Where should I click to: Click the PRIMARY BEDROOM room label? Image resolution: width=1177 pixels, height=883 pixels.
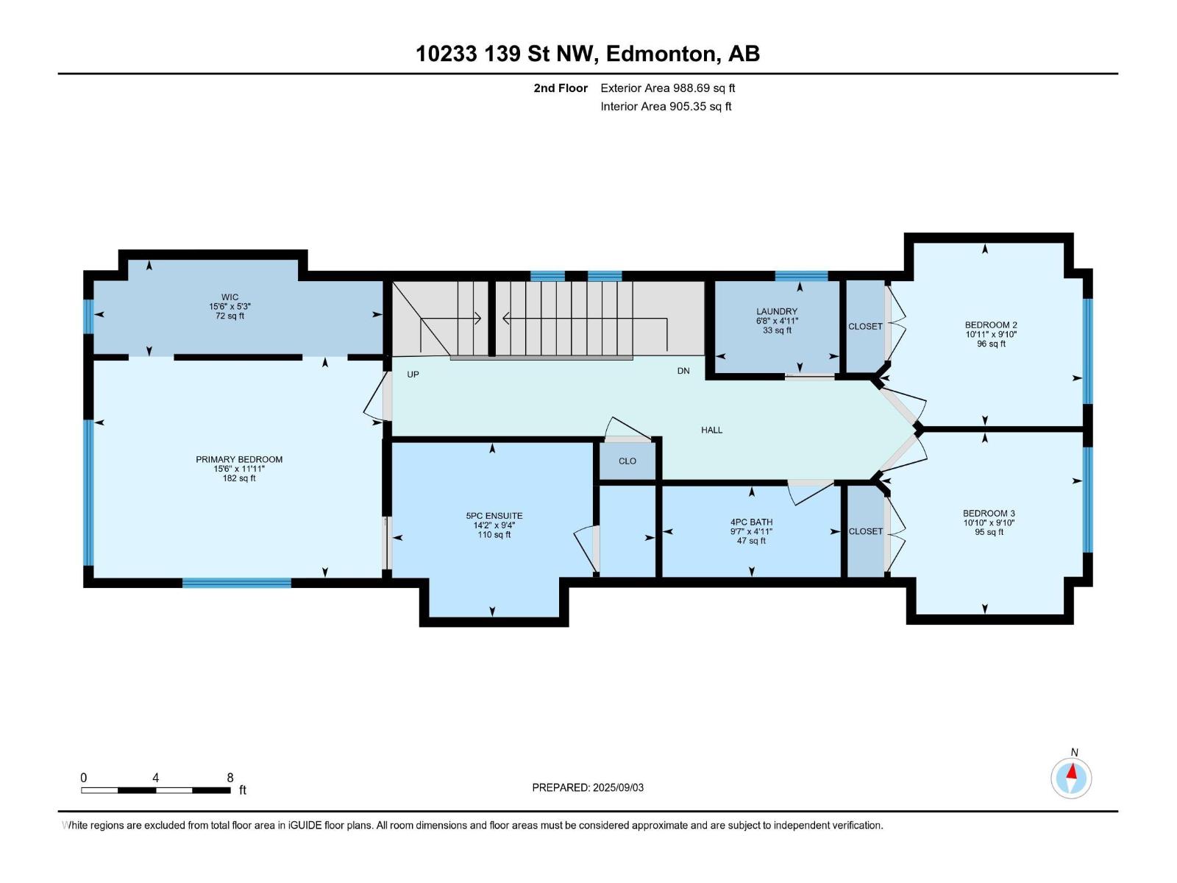pos(238,459)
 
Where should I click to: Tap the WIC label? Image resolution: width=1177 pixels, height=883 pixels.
pos(230,297)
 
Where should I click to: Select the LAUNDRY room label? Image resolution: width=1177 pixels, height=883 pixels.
pos(776,311)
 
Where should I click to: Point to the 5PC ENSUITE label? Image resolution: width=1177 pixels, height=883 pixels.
pos(494,516)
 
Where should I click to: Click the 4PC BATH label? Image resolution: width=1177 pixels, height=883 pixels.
pos(751,522)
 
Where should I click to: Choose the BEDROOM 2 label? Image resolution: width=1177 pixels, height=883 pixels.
pos(991,325)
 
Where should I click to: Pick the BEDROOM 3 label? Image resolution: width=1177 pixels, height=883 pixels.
pos(989,513)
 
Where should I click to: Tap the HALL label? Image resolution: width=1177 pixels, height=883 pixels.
pos(711,430)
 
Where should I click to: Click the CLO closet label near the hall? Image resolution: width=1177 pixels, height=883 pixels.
pos(627,461)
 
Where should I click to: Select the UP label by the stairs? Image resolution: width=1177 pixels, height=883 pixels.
pos(413,375)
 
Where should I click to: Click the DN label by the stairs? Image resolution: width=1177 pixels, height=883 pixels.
pos(683,371)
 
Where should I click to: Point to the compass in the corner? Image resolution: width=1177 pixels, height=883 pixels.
pos(1071,779)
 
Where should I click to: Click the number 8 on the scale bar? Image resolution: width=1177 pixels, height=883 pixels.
pos(230,778)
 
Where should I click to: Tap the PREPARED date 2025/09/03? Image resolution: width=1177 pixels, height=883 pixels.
pos(618,787)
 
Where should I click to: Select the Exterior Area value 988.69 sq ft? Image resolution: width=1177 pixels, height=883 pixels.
pos(704,88)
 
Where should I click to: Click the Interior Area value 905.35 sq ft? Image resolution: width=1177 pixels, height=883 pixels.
pos(700,106)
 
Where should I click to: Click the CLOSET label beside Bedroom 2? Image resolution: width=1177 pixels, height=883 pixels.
pos(865,327)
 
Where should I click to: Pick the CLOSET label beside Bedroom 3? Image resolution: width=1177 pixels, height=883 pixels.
pos(865,531)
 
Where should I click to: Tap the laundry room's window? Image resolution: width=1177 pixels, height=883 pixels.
pos(801,276)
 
